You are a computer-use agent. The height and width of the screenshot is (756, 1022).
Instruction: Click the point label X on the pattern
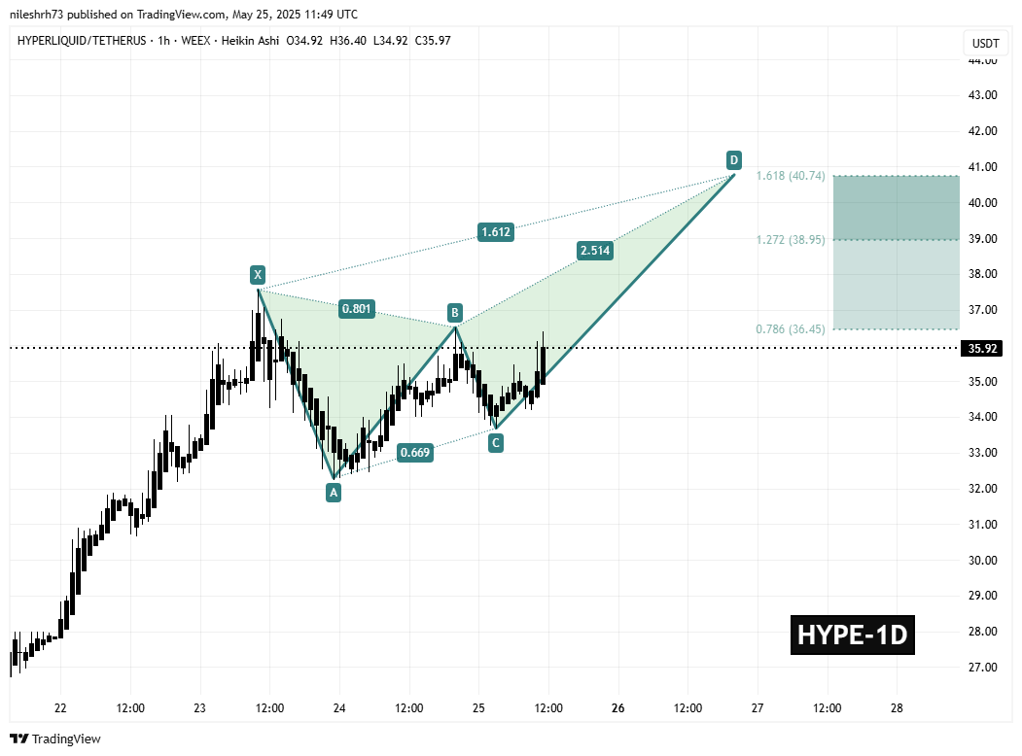[257, 273]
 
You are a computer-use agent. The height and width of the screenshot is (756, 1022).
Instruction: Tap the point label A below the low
[334, 493]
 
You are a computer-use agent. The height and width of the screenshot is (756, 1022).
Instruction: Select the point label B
[454, 312]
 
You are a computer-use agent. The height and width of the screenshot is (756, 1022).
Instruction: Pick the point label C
[496, 443]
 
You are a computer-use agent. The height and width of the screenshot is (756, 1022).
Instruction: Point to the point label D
[734, 159]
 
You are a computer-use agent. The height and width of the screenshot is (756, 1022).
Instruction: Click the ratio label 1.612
[495, 232]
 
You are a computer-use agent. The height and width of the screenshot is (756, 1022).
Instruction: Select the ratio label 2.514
[594, 250]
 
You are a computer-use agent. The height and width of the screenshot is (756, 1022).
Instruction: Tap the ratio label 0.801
[355, 309]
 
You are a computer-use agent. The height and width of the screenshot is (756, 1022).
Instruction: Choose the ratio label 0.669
[414, 452]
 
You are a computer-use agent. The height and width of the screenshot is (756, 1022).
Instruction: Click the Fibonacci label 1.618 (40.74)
[790, 176]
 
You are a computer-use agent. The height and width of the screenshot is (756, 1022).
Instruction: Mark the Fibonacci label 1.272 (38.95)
[790, 239]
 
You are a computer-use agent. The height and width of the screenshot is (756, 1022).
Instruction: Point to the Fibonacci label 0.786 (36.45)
[790, 329]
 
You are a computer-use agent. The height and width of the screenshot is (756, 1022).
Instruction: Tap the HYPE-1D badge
[852, 635]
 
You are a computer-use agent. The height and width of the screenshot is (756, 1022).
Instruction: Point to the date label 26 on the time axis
[618, 708]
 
